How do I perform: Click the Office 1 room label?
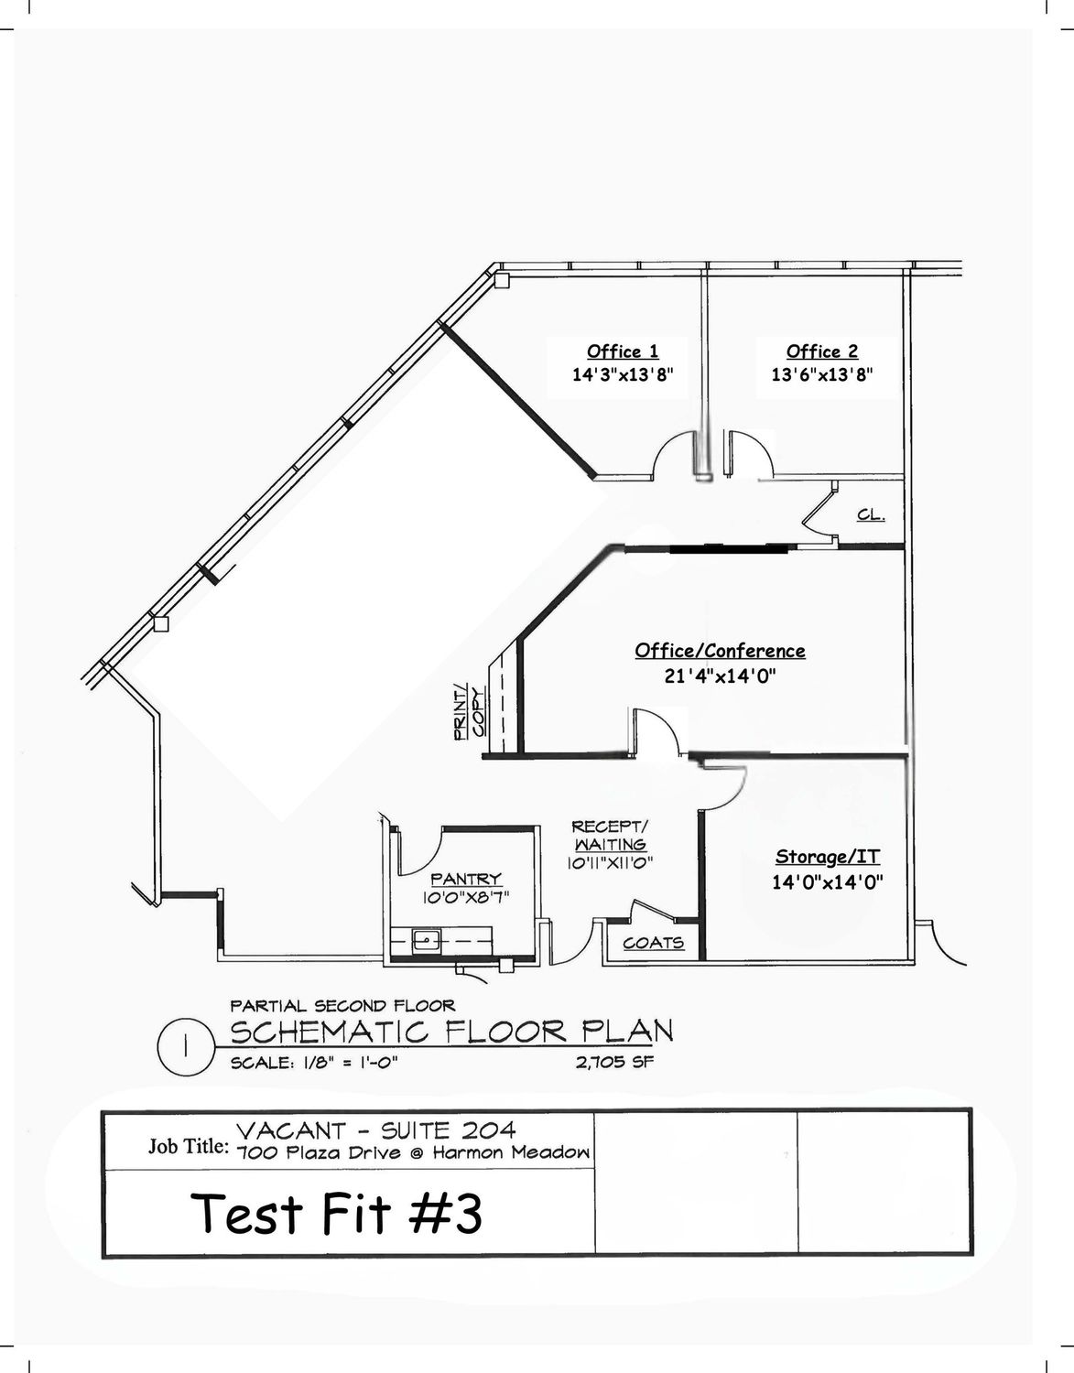point(623,351)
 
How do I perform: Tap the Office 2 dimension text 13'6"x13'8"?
point(822,374)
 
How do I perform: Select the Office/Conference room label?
point(721,651)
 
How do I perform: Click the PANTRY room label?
point(466,879)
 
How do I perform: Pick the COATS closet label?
point(653,943)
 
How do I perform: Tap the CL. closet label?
point(871,515)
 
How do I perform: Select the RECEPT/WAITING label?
point(610,835)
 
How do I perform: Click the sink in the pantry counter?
point(427,941)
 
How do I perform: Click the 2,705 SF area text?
point(614,1062)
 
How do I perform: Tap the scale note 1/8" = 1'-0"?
point(314,1063)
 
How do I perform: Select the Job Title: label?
point(188,1145)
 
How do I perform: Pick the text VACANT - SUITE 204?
point(375,1130)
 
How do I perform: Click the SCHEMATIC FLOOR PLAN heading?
point(451,1032)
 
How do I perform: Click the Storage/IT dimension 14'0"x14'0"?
point(827,881)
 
